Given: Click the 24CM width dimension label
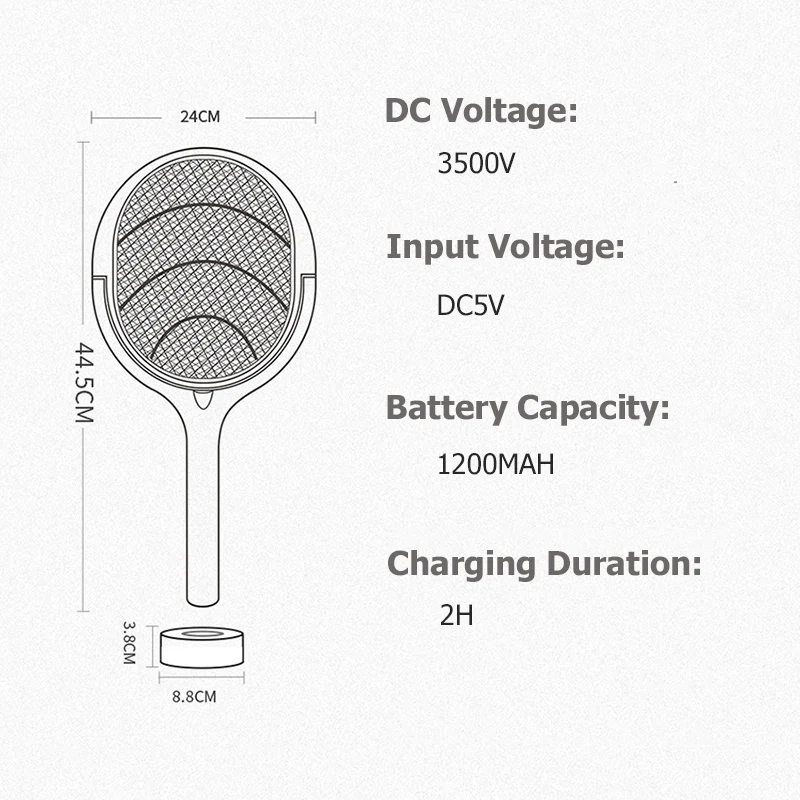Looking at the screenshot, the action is pyautogui.click(x=200, y=116).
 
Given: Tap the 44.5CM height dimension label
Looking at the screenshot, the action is pyautogui.click(x=84, y=383).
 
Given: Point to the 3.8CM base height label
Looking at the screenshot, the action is pyautogui.click(x=129, y=642).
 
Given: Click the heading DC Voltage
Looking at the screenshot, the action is pyautogui.click(x=481, y=111).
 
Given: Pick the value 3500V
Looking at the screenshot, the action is pyautogui.click(x=476, y=163).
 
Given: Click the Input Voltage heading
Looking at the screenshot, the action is pyautogui.click(x=505, y=246).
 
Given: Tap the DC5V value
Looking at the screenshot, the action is pyautogui.click(x=470, y=305).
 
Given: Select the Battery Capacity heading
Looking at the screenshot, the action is pyautogui.click(x=527, y=408).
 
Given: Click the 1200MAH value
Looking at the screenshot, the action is pyautogui.click(x=496, y=465).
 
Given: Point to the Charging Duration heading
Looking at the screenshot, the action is pyautogui.click(x=544, y=563).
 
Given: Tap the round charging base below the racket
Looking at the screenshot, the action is pyautogui.click(x=202, y=648).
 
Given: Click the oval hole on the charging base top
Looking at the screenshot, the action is pyautogui.click(x=202, y=634).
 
